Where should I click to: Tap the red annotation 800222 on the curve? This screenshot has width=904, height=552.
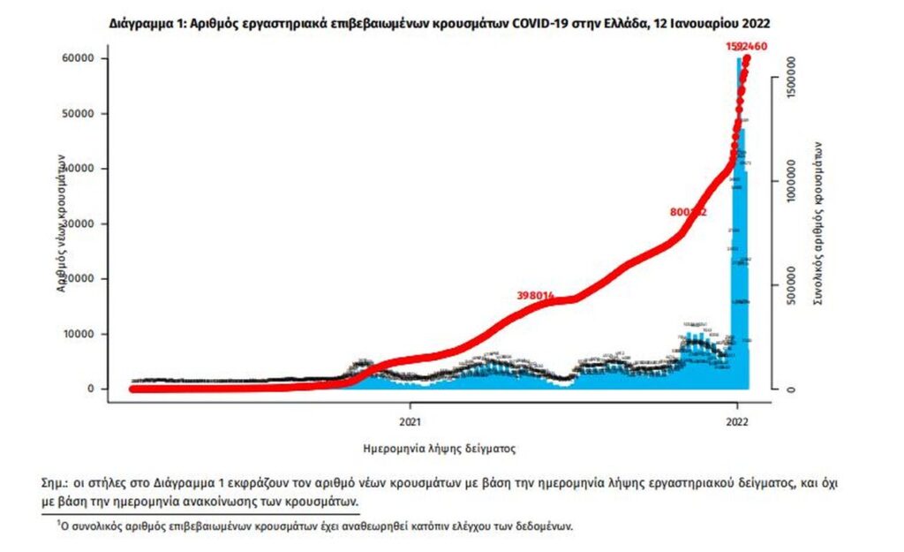pyautogui.click(x=689, y=213)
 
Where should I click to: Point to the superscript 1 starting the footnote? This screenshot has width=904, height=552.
pyautogui.click(x=58, y=522)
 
